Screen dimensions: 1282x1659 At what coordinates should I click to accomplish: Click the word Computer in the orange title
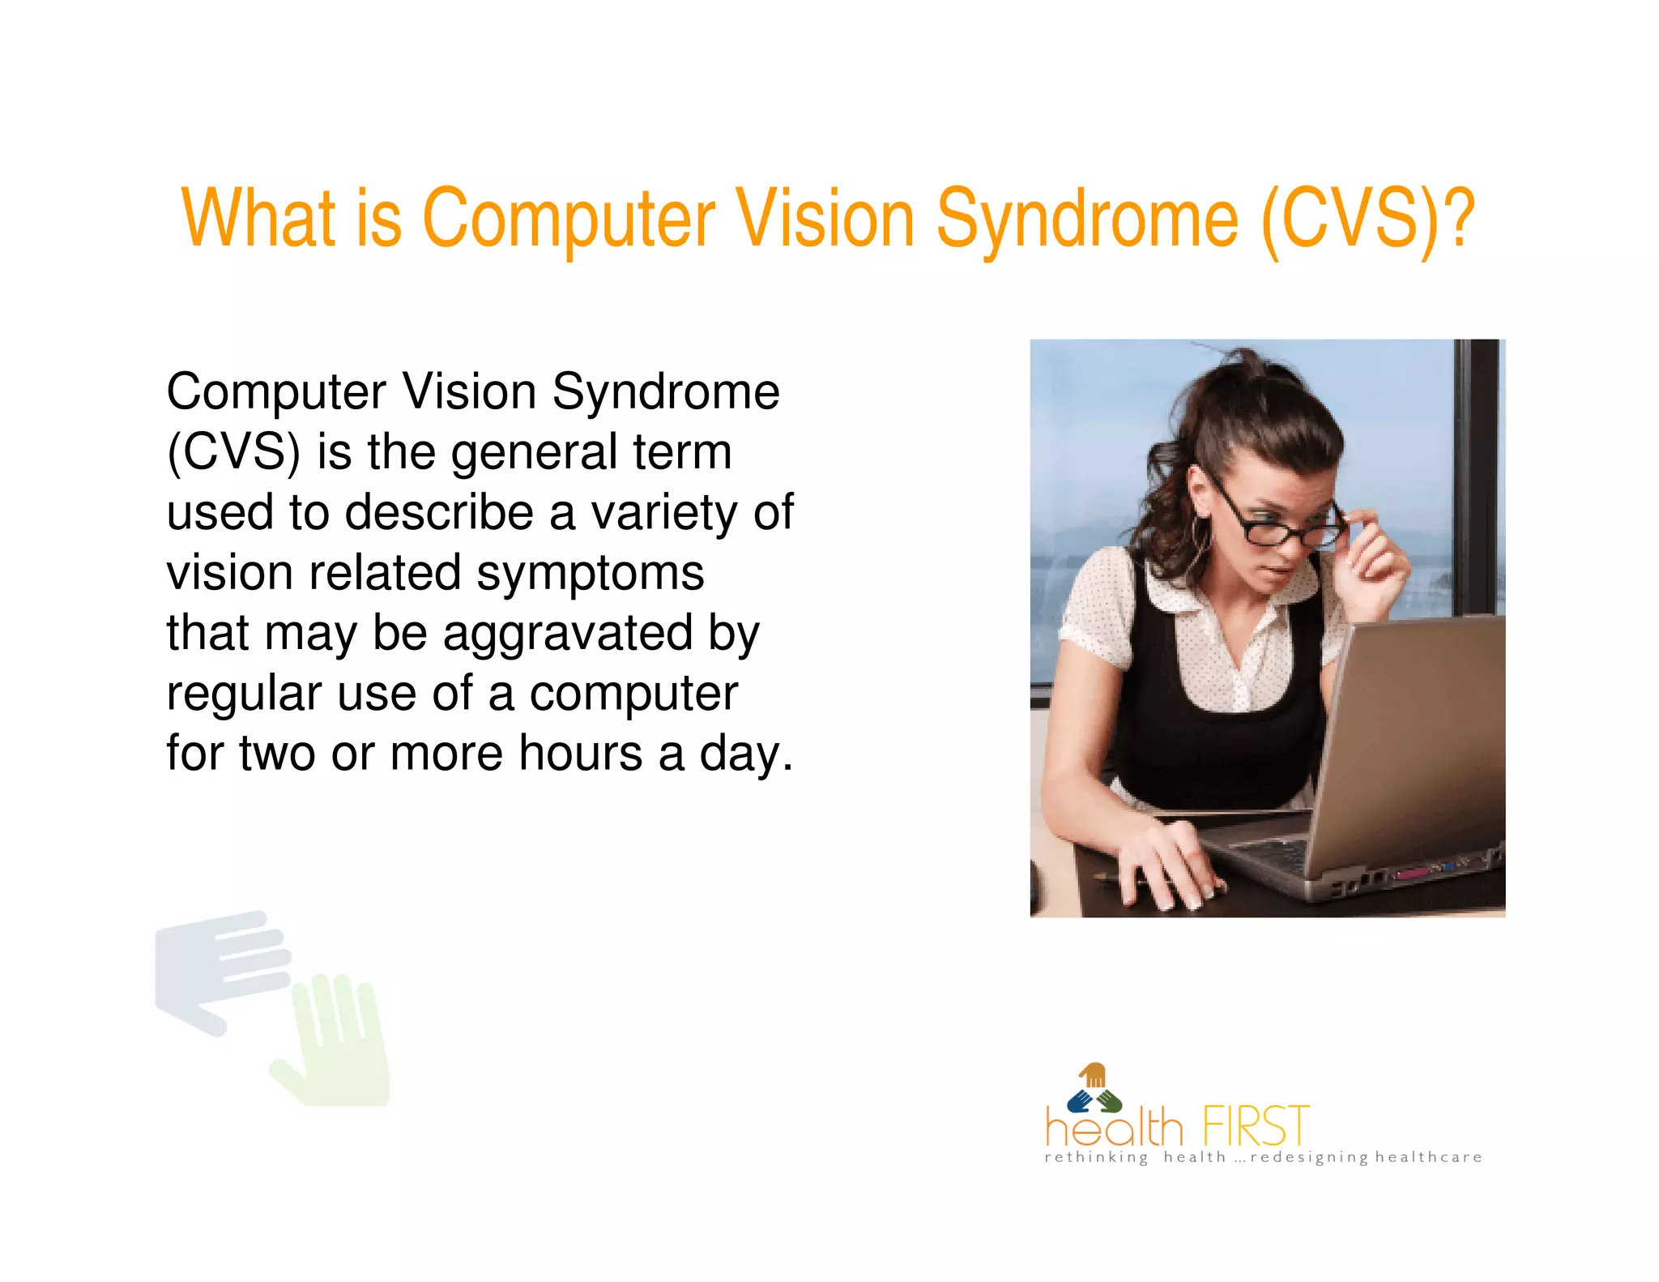[569, 219]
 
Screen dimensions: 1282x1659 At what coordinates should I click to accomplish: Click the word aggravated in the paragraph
[568, 635]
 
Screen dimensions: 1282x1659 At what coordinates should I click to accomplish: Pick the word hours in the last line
[580, 754]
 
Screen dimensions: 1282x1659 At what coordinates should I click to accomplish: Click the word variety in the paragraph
[664, 513]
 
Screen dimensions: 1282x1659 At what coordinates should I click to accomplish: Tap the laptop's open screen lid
[1418, 729]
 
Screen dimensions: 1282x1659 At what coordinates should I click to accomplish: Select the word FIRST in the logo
[1255, 1126]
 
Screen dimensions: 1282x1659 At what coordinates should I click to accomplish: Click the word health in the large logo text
[1114, 1126]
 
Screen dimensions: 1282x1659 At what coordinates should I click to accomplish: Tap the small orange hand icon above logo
[1093, 1075]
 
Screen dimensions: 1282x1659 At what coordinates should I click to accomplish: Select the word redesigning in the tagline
[1308, 1158]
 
